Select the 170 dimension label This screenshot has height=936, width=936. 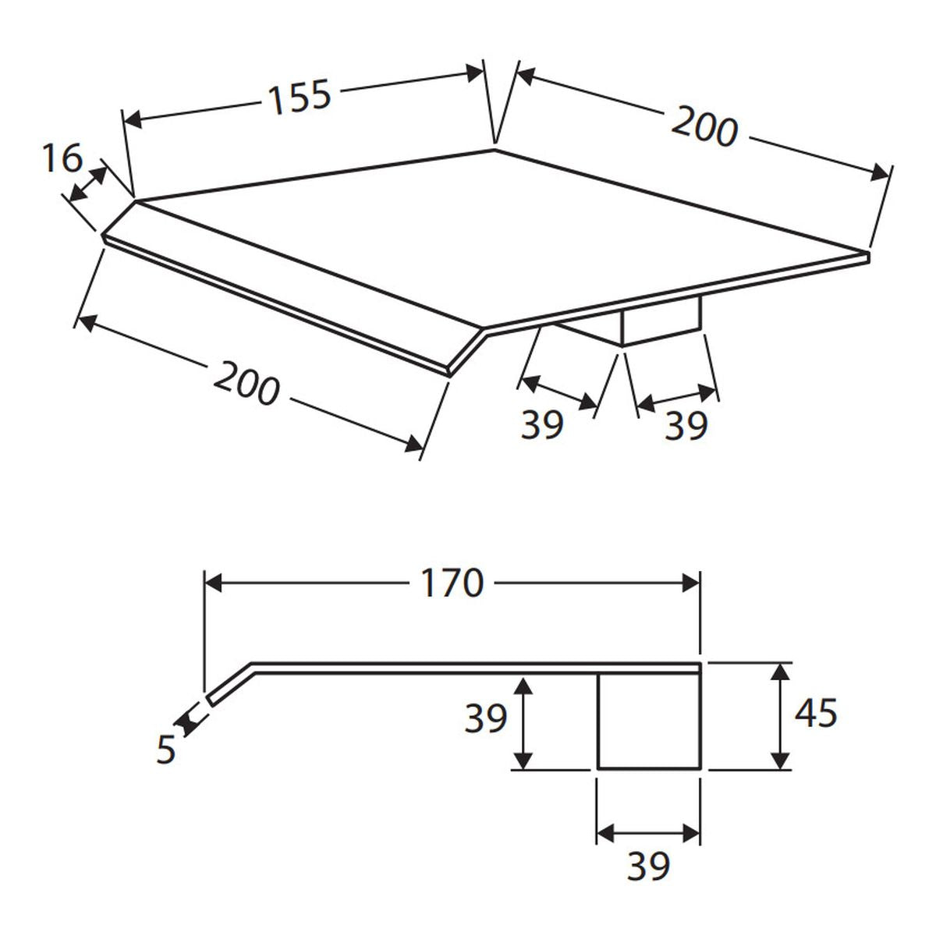[x=452, y=583]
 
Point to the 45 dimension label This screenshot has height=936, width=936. [x=816, y=713]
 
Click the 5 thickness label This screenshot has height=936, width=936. [x=166, y=750]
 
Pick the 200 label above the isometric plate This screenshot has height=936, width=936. [x=704, y=126]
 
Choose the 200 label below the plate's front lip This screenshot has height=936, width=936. [x=246, y=384]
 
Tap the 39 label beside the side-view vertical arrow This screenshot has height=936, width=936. [x=486, y=718]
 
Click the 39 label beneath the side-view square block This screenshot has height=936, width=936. [x=648, y=864]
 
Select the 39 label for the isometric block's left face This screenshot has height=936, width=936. [x=542, y=425]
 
